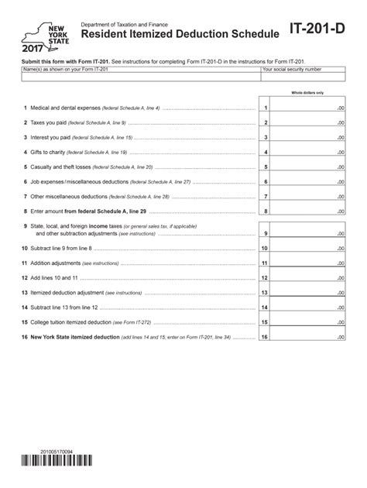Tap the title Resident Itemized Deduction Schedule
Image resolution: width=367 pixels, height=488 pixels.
(x=180, y=35)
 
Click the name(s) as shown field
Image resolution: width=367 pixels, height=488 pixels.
(x=140, y=77)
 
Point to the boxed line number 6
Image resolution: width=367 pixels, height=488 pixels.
(x=265, y=182)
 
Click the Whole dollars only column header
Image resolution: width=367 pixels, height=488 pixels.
(x=307, y=93)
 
